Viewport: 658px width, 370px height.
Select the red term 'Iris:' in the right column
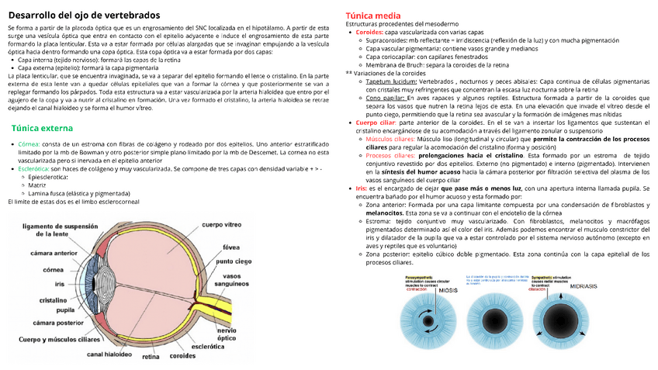(x=362, y=188)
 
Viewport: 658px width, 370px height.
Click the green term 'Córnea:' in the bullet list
(x=29, y=145)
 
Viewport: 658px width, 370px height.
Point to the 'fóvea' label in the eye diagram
(x=230, y=247)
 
